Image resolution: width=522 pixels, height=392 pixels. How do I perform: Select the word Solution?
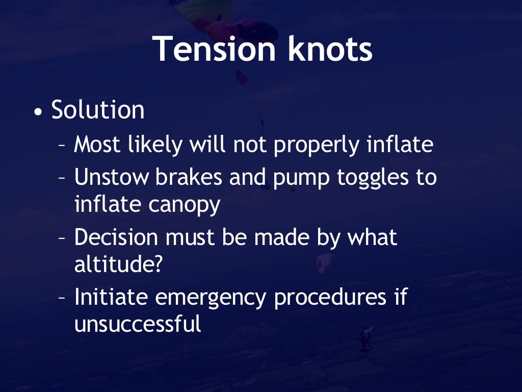point(98,110)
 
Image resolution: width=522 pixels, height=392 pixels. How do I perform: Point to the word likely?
point(158,145)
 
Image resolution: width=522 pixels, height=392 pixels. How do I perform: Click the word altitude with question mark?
point(118,264)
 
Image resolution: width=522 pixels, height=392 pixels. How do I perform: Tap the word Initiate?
point(111,297)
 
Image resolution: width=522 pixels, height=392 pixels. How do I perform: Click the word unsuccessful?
point(138,324)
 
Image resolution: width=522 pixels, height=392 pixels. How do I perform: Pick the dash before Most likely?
point(62,146)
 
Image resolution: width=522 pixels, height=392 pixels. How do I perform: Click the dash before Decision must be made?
point(62,239)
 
